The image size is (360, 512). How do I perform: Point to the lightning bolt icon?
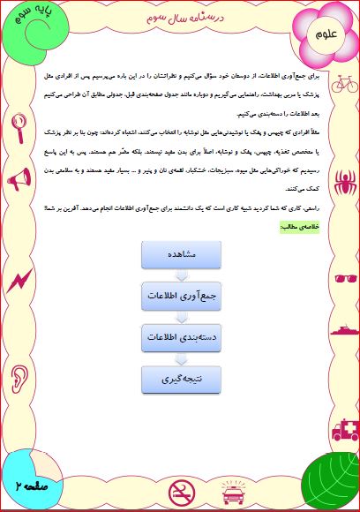point(18,281)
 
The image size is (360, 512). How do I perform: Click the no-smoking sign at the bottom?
point(180,490)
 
